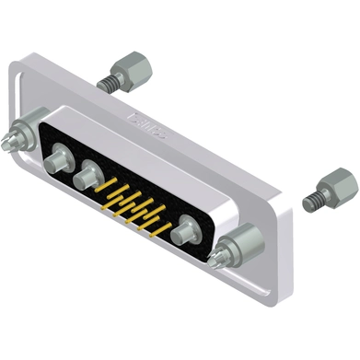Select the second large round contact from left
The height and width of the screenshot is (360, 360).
point(89,172)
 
